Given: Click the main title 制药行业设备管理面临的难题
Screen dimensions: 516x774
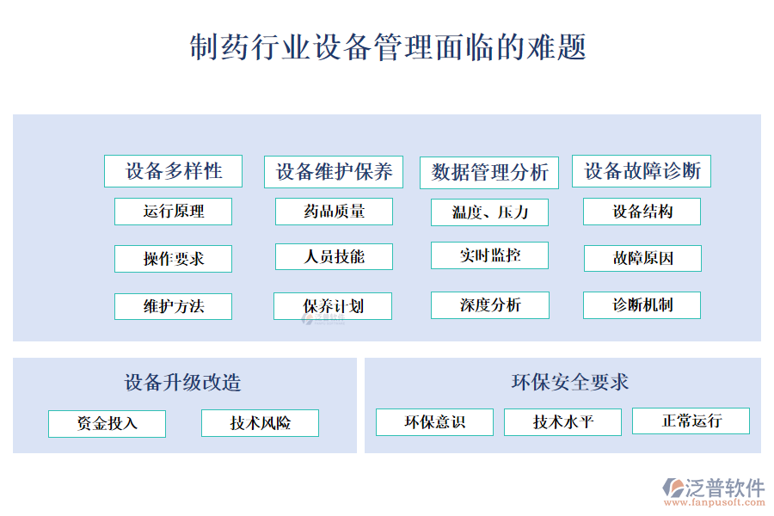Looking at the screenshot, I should (x=387, y=46).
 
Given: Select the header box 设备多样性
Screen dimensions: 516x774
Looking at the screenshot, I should (x=173, y=171).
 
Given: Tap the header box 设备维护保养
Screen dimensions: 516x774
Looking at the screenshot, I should (x=334, y=171).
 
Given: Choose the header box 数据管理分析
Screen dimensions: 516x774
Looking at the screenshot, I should (x=489, y=172).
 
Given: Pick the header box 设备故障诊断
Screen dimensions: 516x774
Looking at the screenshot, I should (x=642, y=171).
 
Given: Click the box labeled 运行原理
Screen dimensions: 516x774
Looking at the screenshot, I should (x=173, y=212).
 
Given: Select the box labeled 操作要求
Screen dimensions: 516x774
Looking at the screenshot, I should (x=173, y=259).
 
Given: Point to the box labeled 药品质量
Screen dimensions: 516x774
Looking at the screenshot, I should (x=334, y=212).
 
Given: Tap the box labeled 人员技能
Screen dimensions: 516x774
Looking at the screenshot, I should (x=334, y=257).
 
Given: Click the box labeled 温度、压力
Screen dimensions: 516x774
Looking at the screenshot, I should (x=489, y=212).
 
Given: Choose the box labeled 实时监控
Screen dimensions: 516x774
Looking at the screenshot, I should (x=489, y=255).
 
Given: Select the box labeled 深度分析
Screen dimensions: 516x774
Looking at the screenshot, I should (x=489, y=305).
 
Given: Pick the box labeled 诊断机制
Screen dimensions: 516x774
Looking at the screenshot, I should (x=642, y=305).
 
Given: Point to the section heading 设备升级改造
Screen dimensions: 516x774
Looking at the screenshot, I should (x=182, y=383).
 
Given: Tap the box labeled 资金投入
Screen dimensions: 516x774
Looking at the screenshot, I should (x=107, y=423).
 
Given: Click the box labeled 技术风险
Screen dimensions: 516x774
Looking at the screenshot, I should (x=260, y=423).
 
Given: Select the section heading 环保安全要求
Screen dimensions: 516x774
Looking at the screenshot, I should (x=569, y=382).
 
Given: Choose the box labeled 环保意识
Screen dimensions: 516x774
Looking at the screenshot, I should (x=434, y=422).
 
